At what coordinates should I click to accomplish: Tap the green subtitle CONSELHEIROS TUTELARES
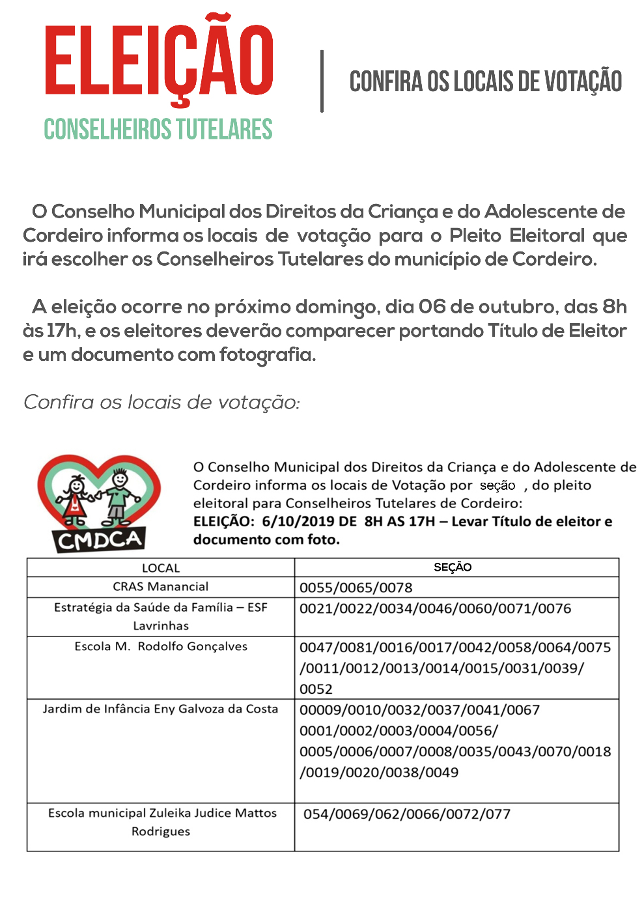click(158, 129)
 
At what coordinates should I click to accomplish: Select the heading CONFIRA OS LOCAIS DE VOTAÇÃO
click(486, 82)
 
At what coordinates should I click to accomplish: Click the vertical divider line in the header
click(322, 81)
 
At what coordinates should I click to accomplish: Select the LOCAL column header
click(160, 568)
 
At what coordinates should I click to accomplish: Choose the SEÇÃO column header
click(453, 567)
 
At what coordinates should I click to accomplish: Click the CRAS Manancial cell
click(160, 586)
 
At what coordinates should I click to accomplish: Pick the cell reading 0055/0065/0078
click(356, 588)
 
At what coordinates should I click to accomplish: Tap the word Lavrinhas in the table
click(160, 626)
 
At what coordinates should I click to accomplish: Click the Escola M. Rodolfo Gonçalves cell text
click(161, 646)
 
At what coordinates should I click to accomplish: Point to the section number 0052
click(316, 689)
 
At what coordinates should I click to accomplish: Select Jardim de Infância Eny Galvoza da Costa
click(160, 709)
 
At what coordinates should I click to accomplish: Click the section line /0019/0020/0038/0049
click(379, 773)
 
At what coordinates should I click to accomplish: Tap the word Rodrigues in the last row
click(160, 831)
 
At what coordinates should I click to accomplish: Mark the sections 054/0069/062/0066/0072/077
click(406, 814)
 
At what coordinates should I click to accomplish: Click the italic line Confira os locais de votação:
click(161, 403)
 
